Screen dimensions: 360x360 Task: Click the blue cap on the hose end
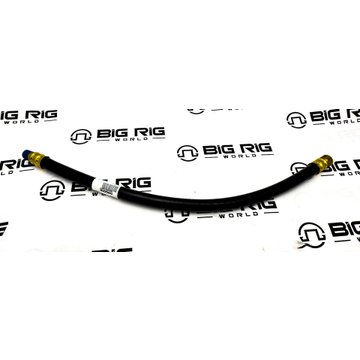pyautogui.click(x=26, y=154)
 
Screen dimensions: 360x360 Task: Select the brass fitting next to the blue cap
pyautogui.click(x=37, y=158)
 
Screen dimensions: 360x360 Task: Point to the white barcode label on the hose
pyautogui.click(x=106, y=187)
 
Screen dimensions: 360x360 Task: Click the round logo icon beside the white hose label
pyautogui.click(x=53, y=190)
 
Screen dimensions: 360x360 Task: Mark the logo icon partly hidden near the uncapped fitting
pyautogui.click(x=299, y=168)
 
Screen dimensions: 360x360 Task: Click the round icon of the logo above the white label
pyautogui.click(x=81, y=137)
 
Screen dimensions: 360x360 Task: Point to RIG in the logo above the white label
pyautogui.click(x=146, y=132)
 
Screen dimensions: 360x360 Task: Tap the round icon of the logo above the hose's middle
pyautogui.click(x=187, y=153)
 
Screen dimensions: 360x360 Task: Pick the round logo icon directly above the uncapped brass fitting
pyautogui.click(x=296, y=120)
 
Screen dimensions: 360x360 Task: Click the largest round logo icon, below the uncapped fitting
pyautogui.click(x=312, y=235)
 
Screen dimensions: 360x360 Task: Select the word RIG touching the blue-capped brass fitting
pyautogui.click(x=17, y=165)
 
